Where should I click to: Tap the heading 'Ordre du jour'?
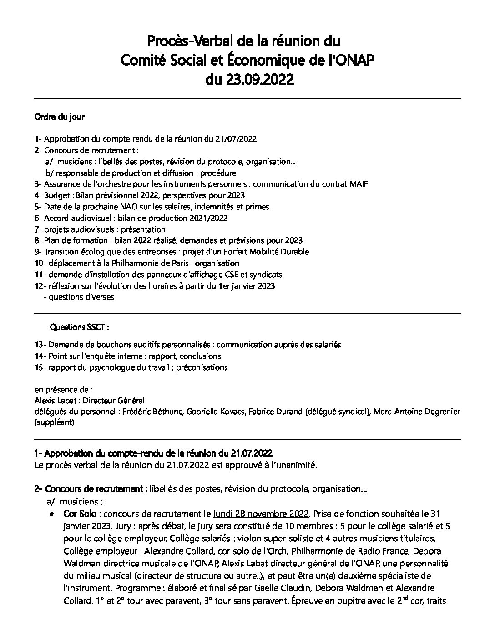pyautogui.click(x=60, y=117)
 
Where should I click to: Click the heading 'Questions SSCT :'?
pyautogui.click(x=80, y=327)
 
